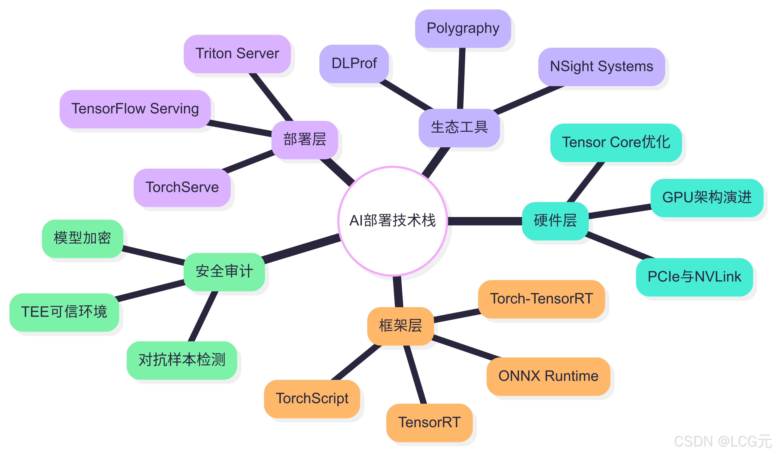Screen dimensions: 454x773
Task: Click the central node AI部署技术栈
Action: [x=392, y=221]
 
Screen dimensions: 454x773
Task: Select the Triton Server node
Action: [x=237, y=54]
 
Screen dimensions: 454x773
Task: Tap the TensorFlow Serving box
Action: [x=135, y=109]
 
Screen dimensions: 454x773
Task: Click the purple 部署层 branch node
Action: [x=305, y=140]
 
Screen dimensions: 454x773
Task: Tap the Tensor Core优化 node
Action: [x=616, y=142]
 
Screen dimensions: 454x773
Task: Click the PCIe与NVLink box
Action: [x=694, y=277]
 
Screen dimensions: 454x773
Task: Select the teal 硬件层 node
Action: [x=555, y=221]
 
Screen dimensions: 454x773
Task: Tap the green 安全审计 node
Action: [x=224, y=272]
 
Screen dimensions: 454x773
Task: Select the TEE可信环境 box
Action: [x=64, y=312]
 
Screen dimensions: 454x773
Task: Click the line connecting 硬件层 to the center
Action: [x=485, y=221]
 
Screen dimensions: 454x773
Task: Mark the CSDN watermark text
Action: [x=722, y=442]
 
